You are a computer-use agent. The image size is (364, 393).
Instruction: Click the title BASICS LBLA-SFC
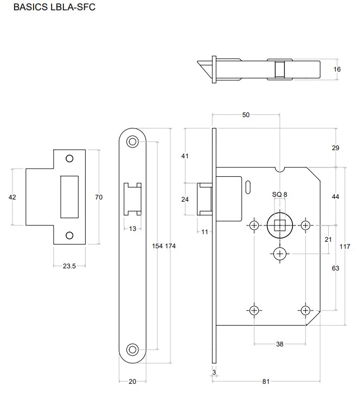tap(54, 7)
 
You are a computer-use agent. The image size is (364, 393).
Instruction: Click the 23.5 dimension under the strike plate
tap(69, 266)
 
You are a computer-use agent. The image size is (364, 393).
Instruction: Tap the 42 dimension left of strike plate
tap(12, 197)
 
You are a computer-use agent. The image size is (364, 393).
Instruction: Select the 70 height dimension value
tap(99, 197)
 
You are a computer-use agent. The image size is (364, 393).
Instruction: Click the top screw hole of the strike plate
tap(69, 158)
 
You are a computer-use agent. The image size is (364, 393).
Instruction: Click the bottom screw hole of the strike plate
tap(69, 235)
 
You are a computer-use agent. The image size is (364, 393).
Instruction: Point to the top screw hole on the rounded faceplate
tap(132, 141)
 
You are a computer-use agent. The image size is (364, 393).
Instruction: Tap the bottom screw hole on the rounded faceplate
tap(132, 350)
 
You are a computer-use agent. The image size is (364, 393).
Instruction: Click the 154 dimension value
tap(157, 246)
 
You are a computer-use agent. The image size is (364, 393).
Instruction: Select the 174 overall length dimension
tap(170, 246)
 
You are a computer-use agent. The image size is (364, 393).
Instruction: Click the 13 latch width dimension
tap(132, 229)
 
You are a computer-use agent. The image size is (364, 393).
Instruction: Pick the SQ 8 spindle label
tap(280, 195)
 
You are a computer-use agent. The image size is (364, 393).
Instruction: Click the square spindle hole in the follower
tap(280, 226)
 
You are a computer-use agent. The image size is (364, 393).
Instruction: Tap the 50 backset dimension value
tap(246, 115)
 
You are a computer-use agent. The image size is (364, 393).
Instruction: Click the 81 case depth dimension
tap(266, 382)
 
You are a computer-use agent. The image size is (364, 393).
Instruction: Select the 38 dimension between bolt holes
tap(280, 344)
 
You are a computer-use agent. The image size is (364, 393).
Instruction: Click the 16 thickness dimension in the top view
tap(337, 69)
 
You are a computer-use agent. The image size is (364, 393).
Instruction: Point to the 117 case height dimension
tap(345, 247)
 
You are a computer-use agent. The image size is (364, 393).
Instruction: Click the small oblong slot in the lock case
tap(248, 187)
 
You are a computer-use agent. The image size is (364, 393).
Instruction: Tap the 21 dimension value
tap(328, 240)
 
